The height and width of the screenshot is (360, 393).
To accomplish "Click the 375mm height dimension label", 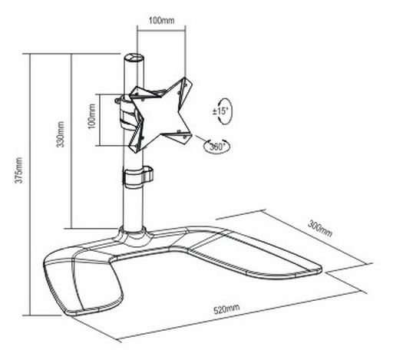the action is click(x=19, y=170).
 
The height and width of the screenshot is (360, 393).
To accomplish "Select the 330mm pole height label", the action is click(x=61, y=134).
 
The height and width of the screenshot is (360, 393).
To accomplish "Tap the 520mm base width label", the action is click(x=226, y=309).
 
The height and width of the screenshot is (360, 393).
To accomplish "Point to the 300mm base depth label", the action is click(x=320, y=228).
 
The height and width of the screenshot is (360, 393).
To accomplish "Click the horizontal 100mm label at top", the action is click(x=162, y=21).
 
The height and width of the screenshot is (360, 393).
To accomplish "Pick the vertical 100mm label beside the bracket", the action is click(x=91, y=116).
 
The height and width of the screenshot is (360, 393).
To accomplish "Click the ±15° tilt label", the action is click(x=220, y=111).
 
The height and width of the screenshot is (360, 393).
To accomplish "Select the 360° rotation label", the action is click(x=216, y=147).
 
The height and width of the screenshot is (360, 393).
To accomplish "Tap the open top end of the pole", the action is click(x=134, y=57).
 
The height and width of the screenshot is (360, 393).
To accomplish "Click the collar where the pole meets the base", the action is click(x=134, y=236).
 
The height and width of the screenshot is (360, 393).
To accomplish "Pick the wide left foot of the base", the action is click(x=82, y=284).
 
